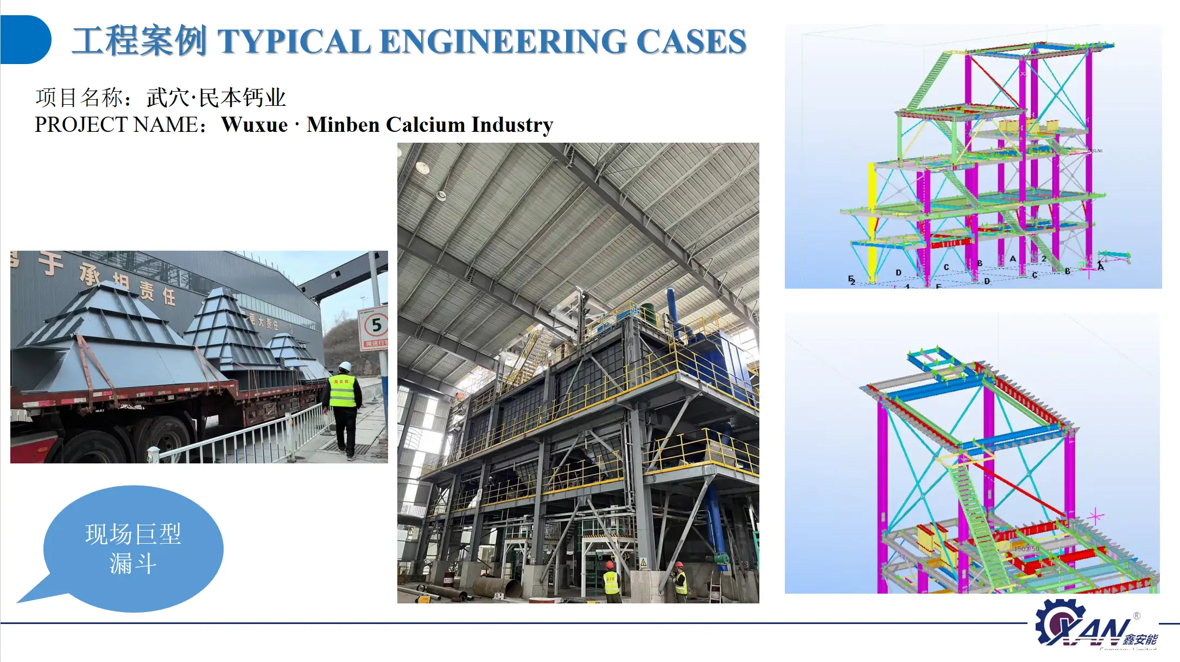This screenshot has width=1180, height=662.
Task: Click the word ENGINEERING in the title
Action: [x=502, y=41]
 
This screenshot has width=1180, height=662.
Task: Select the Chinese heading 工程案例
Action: [x=139, y=41]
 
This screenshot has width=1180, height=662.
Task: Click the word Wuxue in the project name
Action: [x=254, y=125]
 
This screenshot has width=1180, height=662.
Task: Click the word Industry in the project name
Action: [x=512, y=125]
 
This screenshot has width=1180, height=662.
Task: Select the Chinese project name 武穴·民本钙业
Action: [x=215, y=98]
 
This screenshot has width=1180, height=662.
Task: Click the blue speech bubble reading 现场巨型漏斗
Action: [x=132, y=548]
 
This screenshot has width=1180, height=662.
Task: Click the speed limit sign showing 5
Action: [x=375, y=326]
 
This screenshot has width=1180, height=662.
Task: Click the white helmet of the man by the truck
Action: [x=344, y=366]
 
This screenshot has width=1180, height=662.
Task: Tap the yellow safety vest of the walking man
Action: [x=342, y=391]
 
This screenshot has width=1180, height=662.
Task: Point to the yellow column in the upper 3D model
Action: [x=872, y=217]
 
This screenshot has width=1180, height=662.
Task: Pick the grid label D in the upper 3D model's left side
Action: [x=898, y=272]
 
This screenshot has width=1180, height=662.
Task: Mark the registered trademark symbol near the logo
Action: [x=1137, y=616]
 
